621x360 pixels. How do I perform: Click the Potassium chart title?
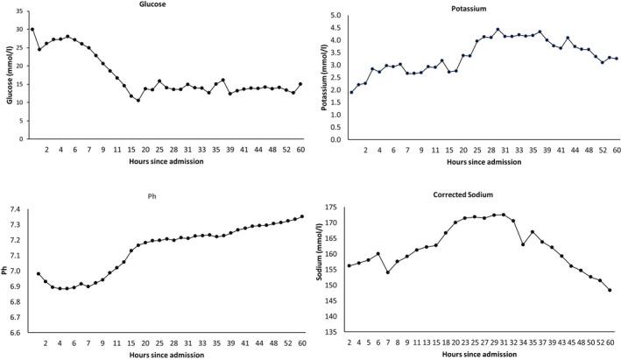point(469,9)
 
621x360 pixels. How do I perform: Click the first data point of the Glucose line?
point(32,29)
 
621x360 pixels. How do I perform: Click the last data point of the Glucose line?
point(300,84)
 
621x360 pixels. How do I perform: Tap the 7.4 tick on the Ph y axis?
point(18,209)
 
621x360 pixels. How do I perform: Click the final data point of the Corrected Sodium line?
point(610,290)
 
